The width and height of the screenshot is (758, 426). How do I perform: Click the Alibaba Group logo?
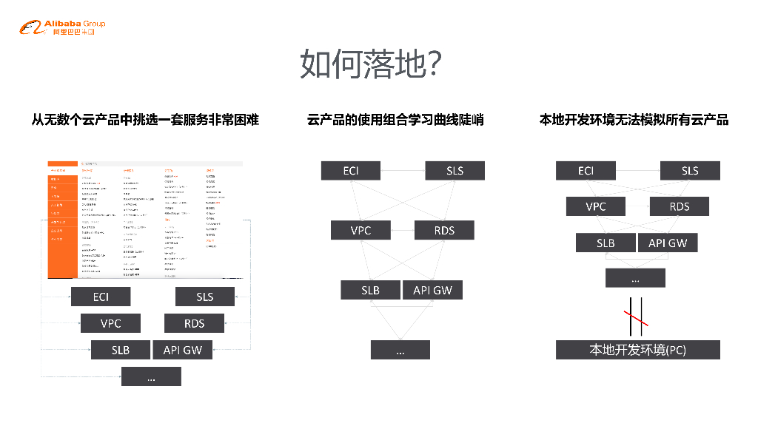pyautogui.click(x=62, y=28)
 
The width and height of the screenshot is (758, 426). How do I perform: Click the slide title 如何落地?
pyautogui.click(x=372, y=64)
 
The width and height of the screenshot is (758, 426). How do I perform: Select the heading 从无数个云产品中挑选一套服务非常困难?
pyautogui.click(x=145, y=119)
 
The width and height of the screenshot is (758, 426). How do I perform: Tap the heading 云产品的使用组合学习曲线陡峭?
pyautogui.click(x=395, y=119)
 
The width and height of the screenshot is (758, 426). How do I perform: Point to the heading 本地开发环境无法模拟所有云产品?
pyautogui.click(x=634, y=119)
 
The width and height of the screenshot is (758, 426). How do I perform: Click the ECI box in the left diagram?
pyautogui.click(x=101, y=297)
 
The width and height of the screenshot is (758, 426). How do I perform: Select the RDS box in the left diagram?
pyautogui.click(x=194, y=323)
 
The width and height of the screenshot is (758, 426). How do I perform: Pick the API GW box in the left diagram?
pyautogui.click(x=182, y=350)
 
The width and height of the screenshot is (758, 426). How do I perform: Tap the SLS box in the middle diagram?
pyautogui.click(x=455, y=171)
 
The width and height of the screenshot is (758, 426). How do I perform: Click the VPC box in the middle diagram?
pyautogui.click(x=360, y=230)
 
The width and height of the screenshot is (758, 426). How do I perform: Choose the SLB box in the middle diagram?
pyautogui.click(x=370, y=290)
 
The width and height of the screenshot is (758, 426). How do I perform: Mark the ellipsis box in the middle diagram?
pyautogui.click(x=400, y=350)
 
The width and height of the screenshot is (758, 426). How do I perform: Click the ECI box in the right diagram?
pyautogui.click(x=586, y=171)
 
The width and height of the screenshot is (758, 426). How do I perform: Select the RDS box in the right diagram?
pyautogui.click(x=679, y=206)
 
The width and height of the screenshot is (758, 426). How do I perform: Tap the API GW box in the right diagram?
pyautogui.click(x=667, y=243)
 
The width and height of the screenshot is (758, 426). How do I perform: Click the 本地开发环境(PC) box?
pyautogui.click(x=637, y=350)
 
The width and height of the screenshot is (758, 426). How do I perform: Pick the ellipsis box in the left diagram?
pyautogui.click(x=151, y=376)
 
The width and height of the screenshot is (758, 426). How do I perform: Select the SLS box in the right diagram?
pyautogui.click(x=689, y=171)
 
